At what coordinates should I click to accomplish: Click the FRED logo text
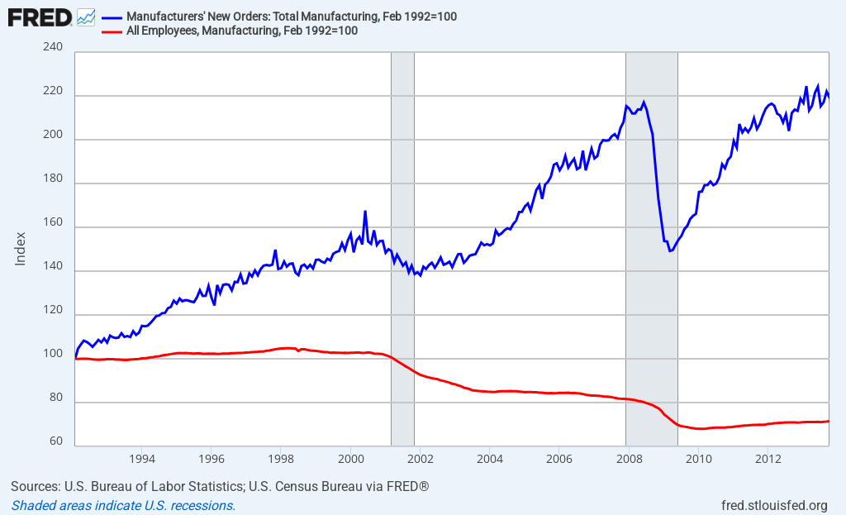point(39,17)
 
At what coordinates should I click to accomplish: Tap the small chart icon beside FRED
point(86,17)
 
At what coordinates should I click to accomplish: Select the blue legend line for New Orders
point(112,17)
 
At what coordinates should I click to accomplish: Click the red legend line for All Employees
point(112,31)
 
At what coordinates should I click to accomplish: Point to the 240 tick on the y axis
point(53,48)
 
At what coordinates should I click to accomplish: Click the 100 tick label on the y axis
point(53,354)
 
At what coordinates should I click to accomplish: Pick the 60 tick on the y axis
point(55,441)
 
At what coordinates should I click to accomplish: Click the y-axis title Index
point(21,248)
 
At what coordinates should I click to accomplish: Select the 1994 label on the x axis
point(142,459)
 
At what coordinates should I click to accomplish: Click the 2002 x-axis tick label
point(421,459)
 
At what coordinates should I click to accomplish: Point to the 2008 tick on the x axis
point(629,459)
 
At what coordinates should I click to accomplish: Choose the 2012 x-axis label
point(768,459)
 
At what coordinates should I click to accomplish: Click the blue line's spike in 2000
point(365,212)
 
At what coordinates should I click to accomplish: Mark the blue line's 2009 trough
point(670,250)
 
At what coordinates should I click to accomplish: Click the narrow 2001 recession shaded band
point(402,248)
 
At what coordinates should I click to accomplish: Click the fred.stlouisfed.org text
point(774,505)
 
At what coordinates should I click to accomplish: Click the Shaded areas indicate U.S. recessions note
point(123,505)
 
